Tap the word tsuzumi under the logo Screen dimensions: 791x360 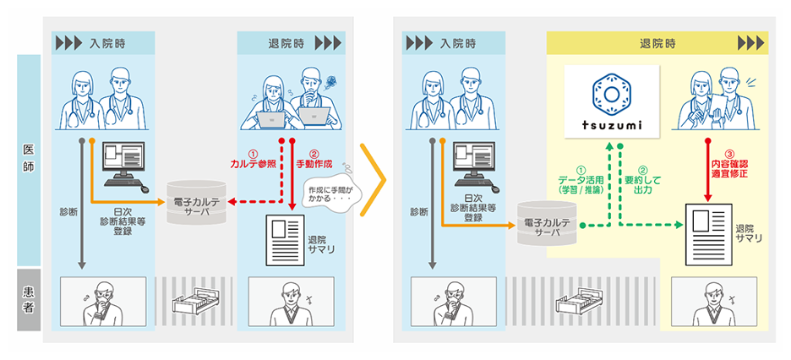[x=611, y=125]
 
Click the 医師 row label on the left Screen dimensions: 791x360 [x=29, y=160]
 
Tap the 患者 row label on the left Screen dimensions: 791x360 [x=29, y=299]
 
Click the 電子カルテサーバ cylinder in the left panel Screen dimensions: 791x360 [x=197, y=202]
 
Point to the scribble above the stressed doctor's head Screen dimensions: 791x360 [x=332, y=79]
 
